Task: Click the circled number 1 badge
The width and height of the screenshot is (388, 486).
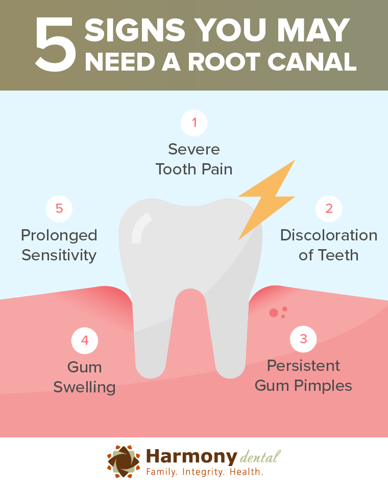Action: click(194, 123)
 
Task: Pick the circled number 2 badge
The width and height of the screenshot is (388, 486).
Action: click(329, 208)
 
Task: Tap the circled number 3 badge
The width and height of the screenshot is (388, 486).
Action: click(303, 339)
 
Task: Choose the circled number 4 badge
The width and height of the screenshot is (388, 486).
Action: click(85, 340)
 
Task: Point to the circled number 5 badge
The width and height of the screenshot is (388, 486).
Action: click(59, 208)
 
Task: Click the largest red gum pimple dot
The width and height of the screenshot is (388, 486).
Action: click(274, 313)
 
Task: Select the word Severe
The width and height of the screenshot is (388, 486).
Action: click(194, 149)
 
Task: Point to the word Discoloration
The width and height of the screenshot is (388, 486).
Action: click(329, 235)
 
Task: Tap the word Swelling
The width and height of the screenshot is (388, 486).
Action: click(85, 387)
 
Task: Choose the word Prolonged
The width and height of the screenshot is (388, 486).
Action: click(59, 235)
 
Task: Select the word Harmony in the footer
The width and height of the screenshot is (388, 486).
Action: click(192, 455)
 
